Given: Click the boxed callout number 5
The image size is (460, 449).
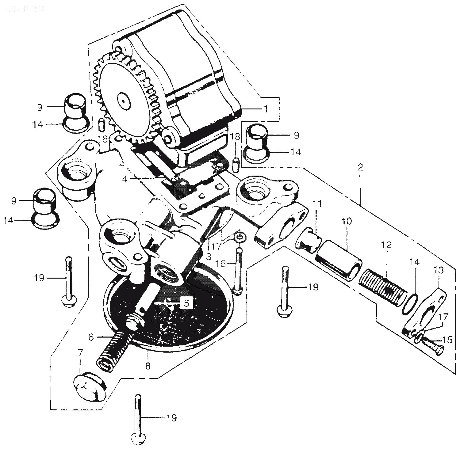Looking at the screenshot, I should pos(186,303).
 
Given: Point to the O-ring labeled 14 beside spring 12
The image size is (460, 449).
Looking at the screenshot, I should pos(411,304).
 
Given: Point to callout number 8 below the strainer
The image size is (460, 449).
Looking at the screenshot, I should pos(148,366).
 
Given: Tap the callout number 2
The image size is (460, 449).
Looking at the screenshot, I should pos(360,167).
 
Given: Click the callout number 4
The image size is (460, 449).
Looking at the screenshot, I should pos(124,179).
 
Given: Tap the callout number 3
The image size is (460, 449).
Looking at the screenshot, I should pos(209,257).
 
